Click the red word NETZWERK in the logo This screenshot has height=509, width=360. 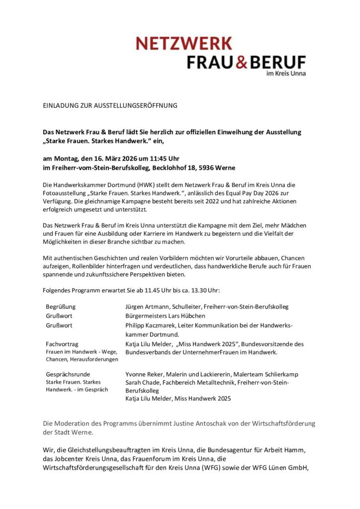coord(183,43)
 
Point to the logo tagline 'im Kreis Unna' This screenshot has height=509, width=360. coord(286,74)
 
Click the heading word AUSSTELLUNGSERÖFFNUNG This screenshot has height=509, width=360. coord(133,106)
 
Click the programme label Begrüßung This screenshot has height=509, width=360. coord(61,307)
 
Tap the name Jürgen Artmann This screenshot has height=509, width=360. coord(147,307)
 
